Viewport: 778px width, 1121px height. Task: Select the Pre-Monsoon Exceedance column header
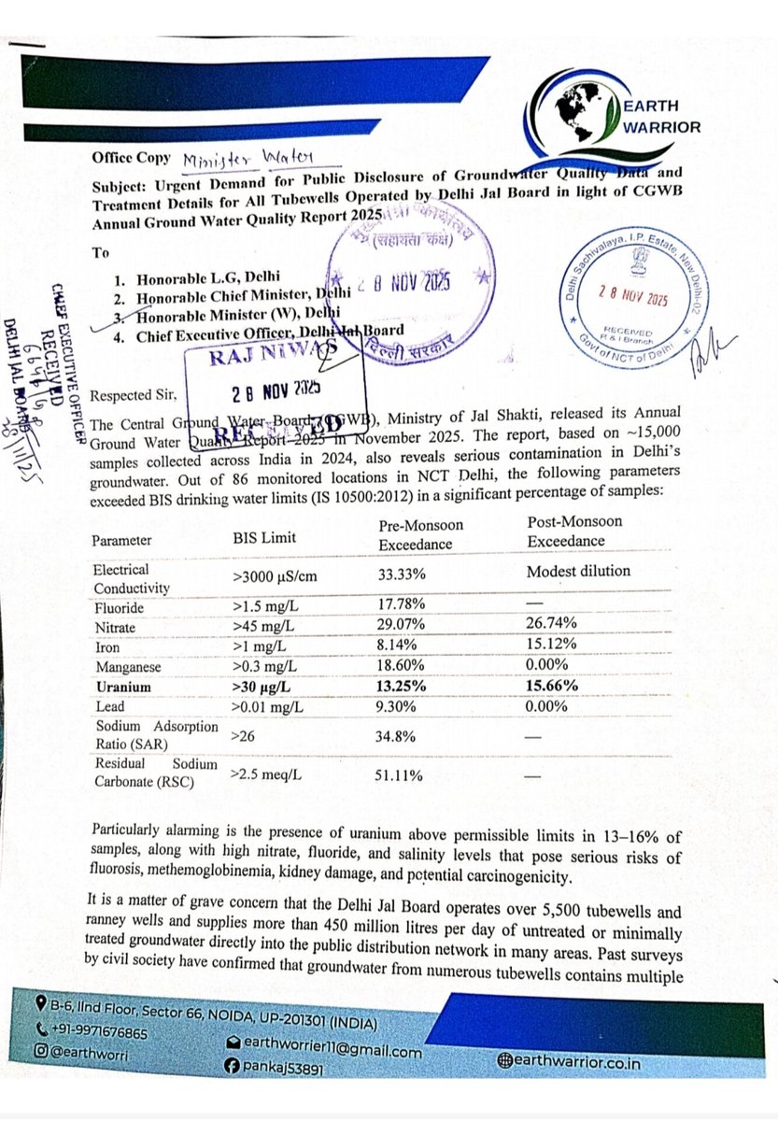click(416, 533)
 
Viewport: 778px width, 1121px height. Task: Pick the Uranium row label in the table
click(122, 686)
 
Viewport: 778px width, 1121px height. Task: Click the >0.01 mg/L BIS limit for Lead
click(272, 707)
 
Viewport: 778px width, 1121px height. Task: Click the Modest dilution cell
click(578, 571)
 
